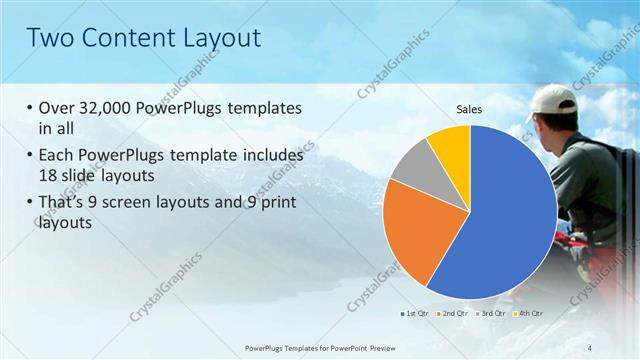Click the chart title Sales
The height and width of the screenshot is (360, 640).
[x=470, y=109]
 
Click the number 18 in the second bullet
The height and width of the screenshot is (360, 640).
[x=48, y=176]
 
